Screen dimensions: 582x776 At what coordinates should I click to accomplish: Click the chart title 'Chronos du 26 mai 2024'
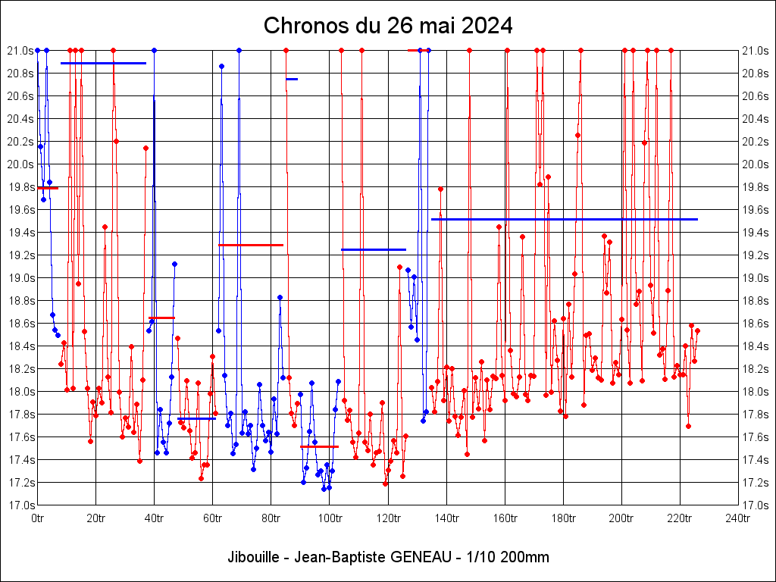coord(388,26)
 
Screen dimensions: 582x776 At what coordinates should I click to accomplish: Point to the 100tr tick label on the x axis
coord(329,518)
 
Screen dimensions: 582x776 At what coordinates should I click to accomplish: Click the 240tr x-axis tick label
coord(738,518)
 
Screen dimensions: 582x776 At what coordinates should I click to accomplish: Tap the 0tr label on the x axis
coord(37,518)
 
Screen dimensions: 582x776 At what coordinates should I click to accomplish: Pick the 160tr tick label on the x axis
coord(505,518)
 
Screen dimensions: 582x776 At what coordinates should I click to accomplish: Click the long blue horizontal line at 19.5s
coord(565,219)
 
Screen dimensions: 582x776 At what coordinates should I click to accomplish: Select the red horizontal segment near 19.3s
coord(251,245)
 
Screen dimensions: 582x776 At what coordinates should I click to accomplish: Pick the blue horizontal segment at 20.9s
coord(103,63)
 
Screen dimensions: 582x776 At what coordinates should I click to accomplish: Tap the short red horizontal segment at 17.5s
coord(319,447)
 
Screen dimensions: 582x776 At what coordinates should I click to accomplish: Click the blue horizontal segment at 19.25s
coord(374,249)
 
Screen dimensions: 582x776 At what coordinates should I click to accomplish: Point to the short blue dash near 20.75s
coord(292,79)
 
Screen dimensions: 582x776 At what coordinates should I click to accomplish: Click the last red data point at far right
coord(697,330)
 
